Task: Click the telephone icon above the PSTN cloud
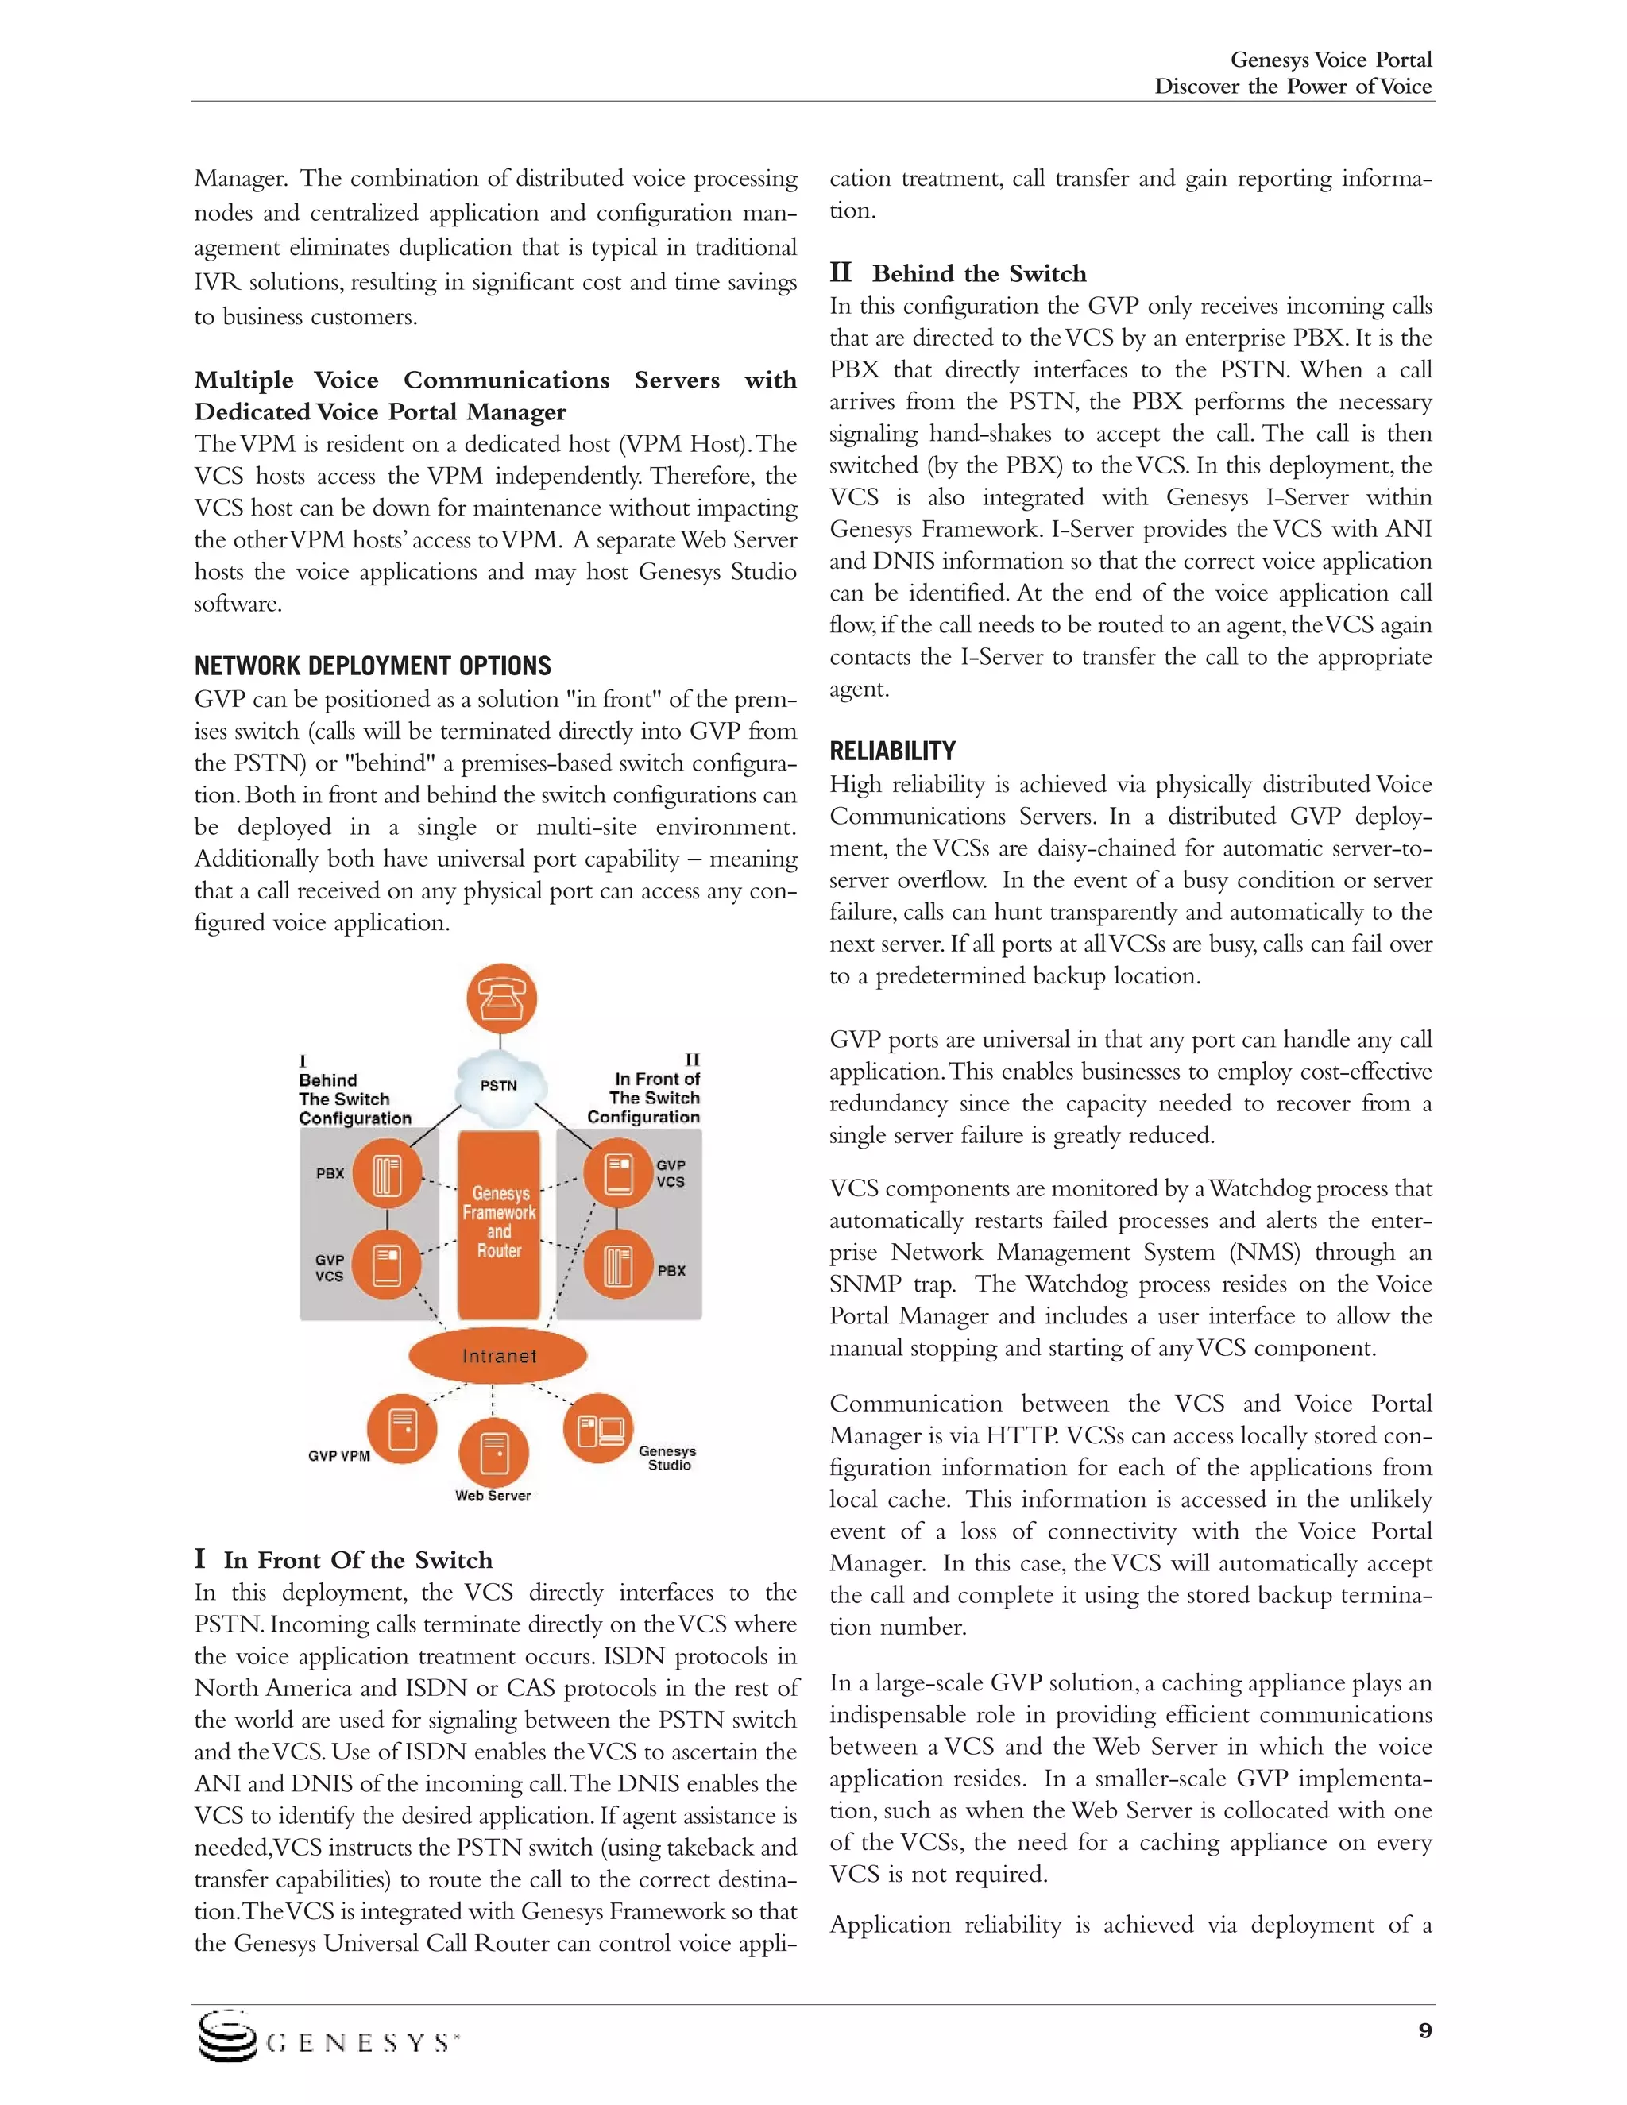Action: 501,998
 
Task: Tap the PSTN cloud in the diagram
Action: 499,1088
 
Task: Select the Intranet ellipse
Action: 498,1356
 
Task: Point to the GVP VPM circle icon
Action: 402,1428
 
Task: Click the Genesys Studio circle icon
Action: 598,1428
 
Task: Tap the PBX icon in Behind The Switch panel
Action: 387,1174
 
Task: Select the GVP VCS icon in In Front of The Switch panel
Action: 616,1173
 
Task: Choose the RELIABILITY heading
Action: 892,751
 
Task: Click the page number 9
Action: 1424,2031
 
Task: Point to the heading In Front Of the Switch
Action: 357,1560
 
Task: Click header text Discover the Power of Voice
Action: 1293,87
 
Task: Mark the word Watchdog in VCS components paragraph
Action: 1248,1188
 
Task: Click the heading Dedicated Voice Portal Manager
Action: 380,412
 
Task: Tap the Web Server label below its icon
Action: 493,1496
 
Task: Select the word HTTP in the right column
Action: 1022,1436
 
